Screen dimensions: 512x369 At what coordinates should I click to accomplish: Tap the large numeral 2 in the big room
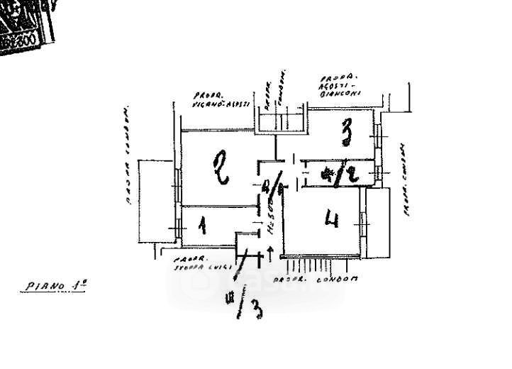(x=222, y=168)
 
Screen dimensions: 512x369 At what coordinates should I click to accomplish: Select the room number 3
(x=346, y=131)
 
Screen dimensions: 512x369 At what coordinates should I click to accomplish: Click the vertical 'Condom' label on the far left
(x=128, y=156)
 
